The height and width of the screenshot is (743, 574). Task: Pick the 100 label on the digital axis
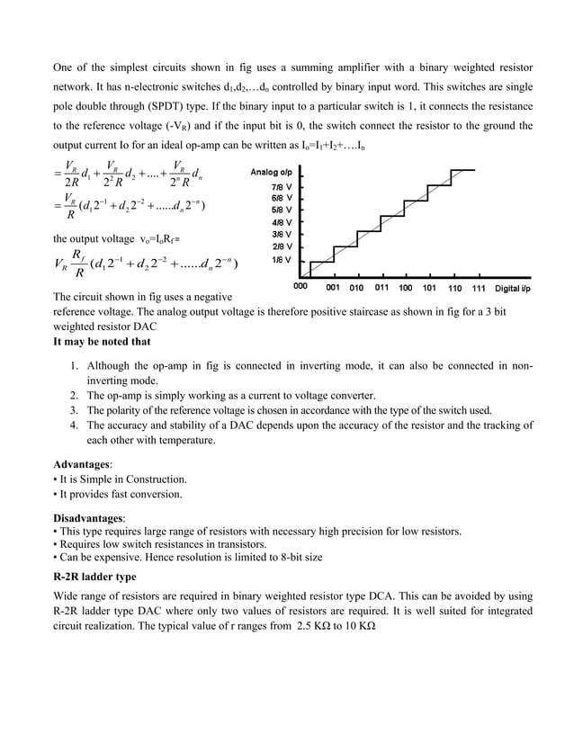(x=404, y=289)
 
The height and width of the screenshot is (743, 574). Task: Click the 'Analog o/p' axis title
(x=273, y=172)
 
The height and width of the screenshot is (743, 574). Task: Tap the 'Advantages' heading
(x=83, y=464)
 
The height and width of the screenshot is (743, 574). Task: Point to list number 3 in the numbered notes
(x=75, y=410)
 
